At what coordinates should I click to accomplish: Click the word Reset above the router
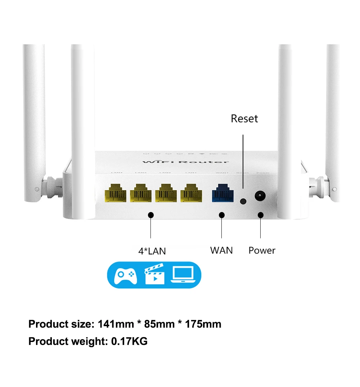pos(244,118)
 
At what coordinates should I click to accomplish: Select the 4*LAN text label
pos(152,251)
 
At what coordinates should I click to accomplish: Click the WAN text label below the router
pos(221,250)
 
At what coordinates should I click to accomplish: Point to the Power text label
pos(262,251)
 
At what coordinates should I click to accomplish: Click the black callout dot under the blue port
pos(222,215)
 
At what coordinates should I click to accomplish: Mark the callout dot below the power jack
pos(261,215)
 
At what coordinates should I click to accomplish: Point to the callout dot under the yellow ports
pos(151,215)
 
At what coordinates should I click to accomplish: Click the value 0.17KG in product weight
pos(129,341)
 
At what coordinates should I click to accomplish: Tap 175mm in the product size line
pos(203,324)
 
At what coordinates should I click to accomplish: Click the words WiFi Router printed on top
pos(185,162)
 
